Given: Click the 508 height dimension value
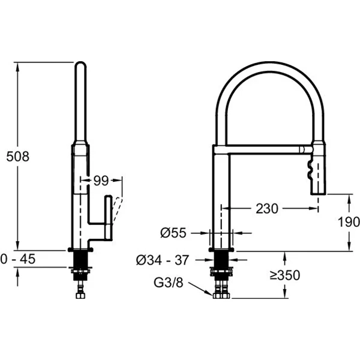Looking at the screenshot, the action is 17,157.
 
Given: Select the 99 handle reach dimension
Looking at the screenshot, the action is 101,181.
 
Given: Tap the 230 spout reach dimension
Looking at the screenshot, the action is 267,208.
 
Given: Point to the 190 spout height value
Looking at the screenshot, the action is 349,222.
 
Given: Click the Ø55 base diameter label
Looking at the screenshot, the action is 173,233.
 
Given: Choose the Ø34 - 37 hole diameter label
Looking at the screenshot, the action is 163,260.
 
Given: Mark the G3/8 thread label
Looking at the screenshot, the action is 168,283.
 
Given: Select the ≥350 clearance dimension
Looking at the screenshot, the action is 284,275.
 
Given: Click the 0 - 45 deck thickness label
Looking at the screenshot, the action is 18,259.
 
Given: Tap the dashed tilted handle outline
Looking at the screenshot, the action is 117,210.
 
